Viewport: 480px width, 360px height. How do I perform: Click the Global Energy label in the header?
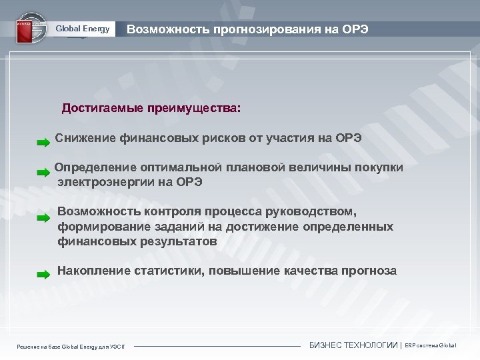click(82, 29)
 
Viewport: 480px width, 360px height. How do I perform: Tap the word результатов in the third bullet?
click(179, 241)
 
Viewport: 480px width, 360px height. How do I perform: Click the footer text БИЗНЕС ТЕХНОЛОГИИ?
click(353, 345)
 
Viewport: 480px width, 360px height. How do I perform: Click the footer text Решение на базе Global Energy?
click(73, 346)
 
